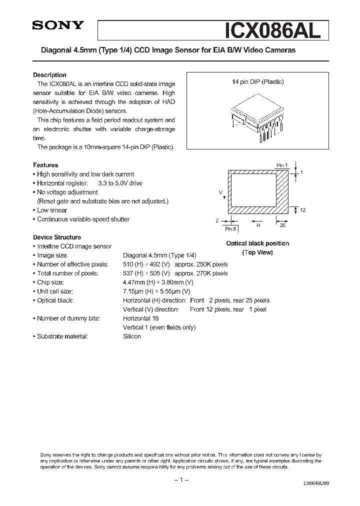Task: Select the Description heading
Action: (x=49, y=75)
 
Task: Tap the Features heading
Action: (x=45, y=165)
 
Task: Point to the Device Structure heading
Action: (x=57, y=237)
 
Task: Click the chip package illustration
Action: (x=257, y=119)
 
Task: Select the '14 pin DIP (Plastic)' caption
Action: (x=257, y=82)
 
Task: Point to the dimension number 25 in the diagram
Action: (x=282, y=225)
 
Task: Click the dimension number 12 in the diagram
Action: (x=302, y=210)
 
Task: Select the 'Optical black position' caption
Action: (x=257, y=243)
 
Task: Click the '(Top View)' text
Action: (x=257, y=252)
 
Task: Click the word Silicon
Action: (x=132, y=336)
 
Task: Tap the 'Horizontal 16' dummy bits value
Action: (x=141, y=318)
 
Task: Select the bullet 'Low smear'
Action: (x=51, y=210)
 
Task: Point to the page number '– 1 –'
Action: (x=180, y=480)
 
